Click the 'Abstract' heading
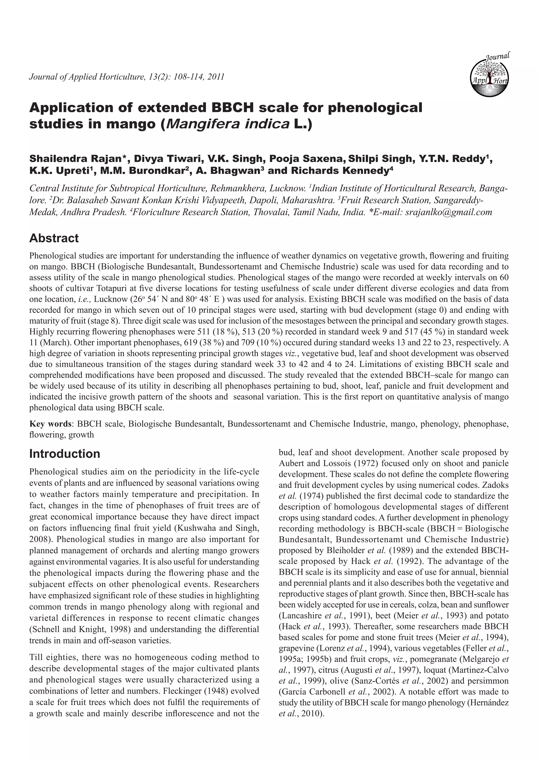(54, 238)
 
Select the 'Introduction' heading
(65, 453)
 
